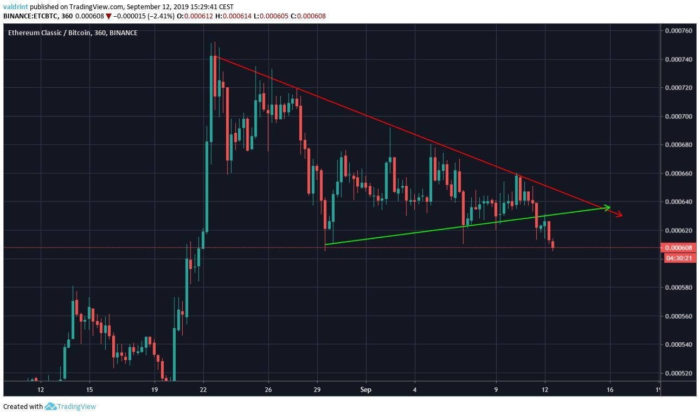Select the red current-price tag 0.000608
pyautogui.click(x=677, y=248)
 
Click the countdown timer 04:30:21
pyautogui.click(x=677, y=258)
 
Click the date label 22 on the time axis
pyautogui.click(x=203, y=389)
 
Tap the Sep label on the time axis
pyautogui.click(x=366, y=389)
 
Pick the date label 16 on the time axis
pyautogui.click(x=610, y=389)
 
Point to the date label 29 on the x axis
pyautogui.click(x=318, y=389)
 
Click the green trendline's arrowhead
pyautogui.click(x=608, y=207)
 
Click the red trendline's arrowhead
pyautogui.click(x=619, y=216)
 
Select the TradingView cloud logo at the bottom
pyautogui.click(x=51, y=406)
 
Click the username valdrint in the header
pyautogui.click(x=16, y=7)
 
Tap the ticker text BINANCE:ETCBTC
pyautogui.click(x=29, y=16)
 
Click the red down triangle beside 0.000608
pyautogui.click(x=108, y=16)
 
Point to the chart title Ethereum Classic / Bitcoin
pyautogui.click(x=56, y=33)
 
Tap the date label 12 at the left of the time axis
pyautogui.click(x=40, y=389)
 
